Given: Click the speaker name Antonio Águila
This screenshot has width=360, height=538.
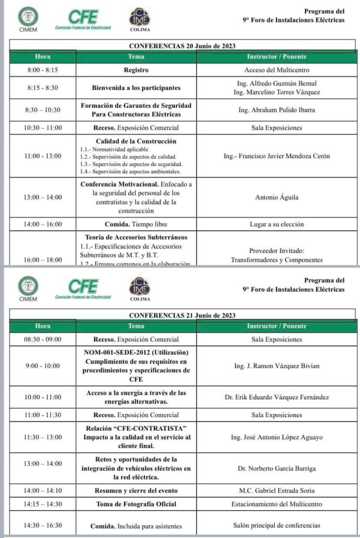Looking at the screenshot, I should [276, 198].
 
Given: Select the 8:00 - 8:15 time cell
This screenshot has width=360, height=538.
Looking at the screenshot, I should [43, 70].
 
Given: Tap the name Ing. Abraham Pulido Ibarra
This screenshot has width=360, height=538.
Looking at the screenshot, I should [276, 110].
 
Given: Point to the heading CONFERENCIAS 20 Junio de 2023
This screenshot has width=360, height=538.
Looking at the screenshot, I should [182, 46].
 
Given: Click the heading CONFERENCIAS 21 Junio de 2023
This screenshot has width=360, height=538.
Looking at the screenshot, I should [182, 315].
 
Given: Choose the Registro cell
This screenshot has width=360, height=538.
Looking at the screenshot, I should [136, 70].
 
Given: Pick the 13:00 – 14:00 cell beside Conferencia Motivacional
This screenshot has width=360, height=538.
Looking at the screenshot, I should [43, 198].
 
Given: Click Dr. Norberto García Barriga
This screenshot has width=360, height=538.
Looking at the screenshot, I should [276, 469].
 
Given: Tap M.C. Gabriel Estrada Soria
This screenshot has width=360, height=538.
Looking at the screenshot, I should [276, 491].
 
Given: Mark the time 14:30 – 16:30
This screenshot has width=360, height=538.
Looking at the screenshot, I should [43, 525].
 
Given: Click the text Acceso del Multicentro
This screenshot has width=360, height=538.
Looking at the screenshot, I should [276, 70].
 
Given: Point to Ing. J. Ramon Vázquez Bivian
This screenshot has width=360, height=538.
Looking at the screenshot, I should [276, 366].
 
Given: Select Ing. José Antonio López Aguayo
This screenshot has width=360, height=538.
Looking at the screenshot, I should [276, 437].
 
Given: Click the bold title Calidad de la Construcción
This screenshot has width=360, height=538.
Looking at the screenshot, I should [136, 141].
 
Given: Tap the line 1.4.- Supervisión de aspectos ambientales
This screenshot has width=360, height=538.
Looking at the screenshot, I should [131, 171].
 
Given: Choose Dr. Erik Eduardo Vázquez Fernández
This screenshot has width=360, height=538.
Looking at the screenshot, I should [276, 397].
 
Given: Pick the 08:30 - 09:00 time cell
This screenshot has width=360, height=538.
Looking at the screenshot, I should [43, 339].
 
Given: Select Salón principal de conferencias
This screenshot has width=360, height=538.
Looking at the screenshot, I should [276, 525].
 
